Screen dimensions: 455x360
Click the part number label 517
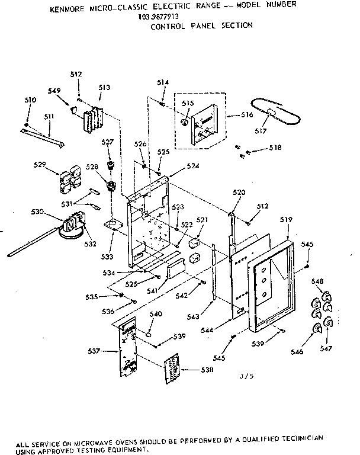259,132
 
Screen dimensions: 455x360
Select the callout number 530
37,212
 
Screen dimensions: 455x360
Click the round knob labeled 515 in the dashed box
187,123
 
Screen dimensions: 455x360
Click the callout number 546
297,352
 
